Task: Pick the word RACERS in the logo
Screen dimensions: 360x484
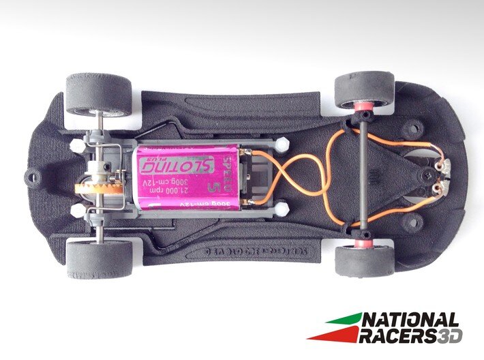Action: [397, 335]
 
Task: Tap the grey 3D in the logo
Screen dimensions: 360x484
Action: [449, 335]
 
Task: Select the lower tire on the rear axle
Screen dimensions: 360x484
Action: [100, 260]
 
